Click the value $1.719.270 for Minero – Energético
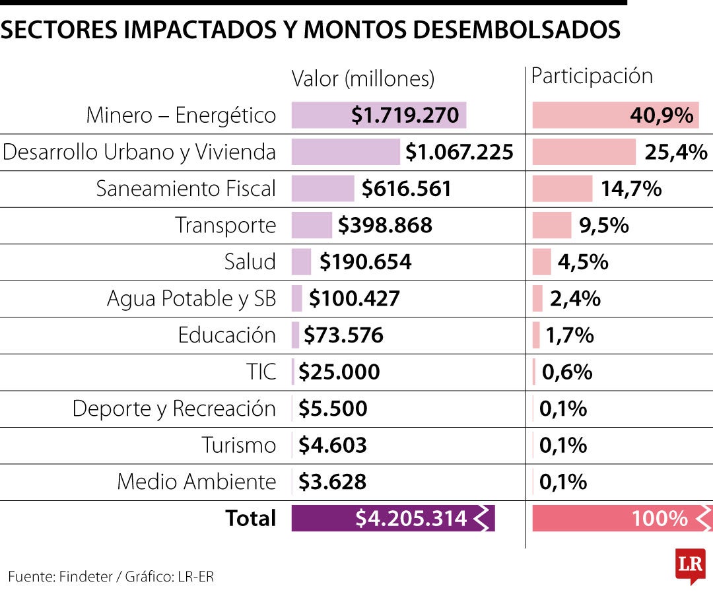pos(405,115)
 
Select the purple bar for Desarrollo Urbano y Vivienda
pos(345,152)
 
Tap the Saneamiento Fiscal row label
pos(186,189)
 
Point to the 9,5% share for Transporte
pos(603,226)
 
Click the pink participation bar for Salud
pos(541,262)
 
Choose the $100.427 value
pos(355,299)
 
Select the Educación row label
pos(226,335)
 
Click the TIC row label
pos(261,372)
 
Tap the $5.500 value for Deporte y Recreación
pos(333,409)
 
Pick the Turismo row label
pos(238,445)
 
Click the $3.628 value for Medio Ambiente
pos(332,482)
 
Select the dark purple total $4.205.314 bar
pos(393,519)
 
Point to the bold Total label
pos(250,519)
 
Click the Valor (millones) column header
pos(363,79)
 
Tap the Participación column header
pos(592,77)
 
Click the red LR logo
pos(690,565)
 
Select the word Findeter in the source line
pos(86,576)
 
